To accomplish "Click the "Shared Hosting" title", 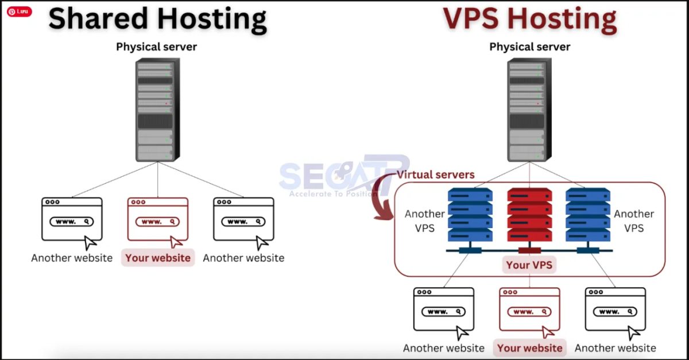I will pyautogui.click(x=157, y=20).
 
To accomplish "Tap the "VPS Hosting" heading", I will pyautogui.click(x=529, y=20).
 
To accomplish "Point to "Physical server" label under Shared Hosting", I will pyautogui.click(x=156, y=47).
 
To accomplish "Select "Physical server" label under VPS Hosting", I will pyautogui.click(x=529, y=47).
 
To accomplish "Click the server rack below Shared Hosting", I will pyautogui.click(x=155, y=110).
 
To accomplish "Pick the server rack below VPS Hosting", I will pyautogui.click(x=527, y=110).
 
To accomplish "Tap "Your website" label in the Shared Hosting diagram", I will pyautogui.click(x=158, y=258).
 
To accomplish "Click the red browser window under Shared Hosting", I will pyautogui.click(x=158, y=219).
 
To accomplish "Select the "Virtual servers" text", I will pyautogui.click(x=436, y=175).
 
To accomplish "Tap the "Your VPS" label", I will pyautogui.click(x=529, y=265).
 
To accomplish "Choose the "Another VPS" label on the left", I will pyautogui.click(x=424, y=221).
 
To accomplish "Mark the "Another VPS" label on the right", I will pyautogui.click(x=634, y=221).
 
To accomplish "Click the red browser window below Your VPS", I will pyautogui.click(x=529, y=309).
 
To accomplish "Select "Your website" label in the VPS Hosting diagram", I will pyautogui.click(x=529, y=348).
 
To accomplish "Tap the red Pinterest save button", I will pyautogui.click(x=20, y=11).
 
